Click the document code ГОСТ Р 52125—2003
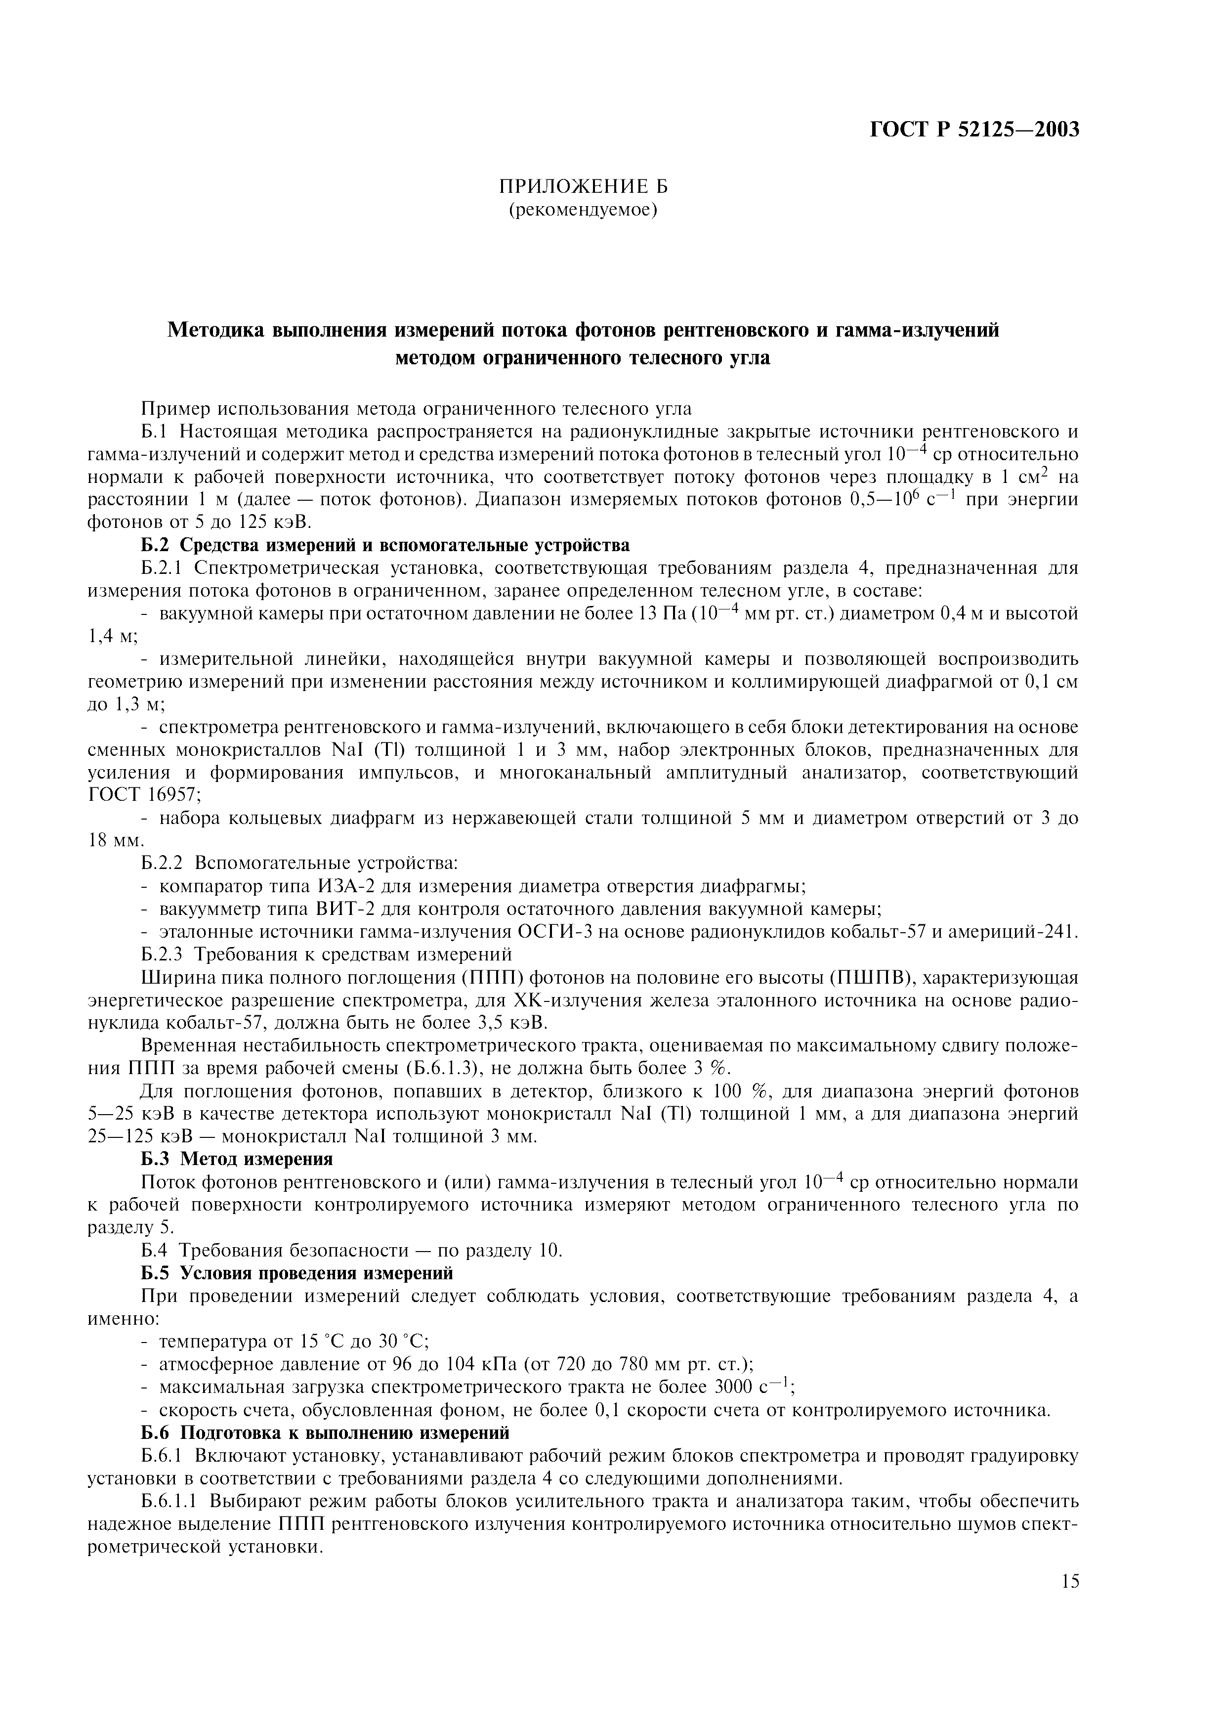click(x=975, y=130)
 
